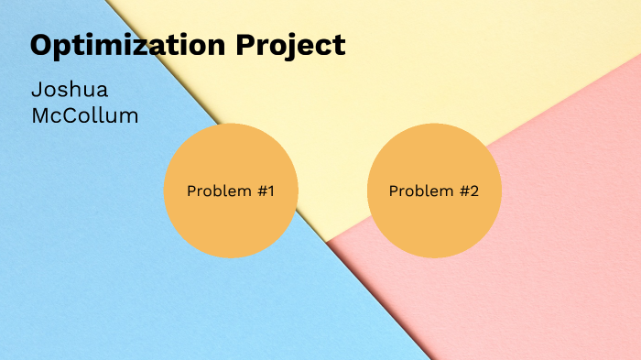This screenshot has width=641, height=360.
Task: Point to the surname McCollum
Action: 84,116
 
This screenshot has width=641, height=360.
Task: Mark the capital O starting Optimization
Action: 42,44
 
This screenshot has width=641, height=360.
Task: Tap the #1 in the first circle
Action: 265,191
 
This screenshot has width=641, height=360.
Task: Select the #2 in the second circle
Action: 468,191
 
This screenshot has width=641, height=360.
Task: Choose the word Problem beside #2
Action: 421,191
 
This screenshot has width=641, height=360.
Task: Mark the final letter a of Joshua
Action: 101,93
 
